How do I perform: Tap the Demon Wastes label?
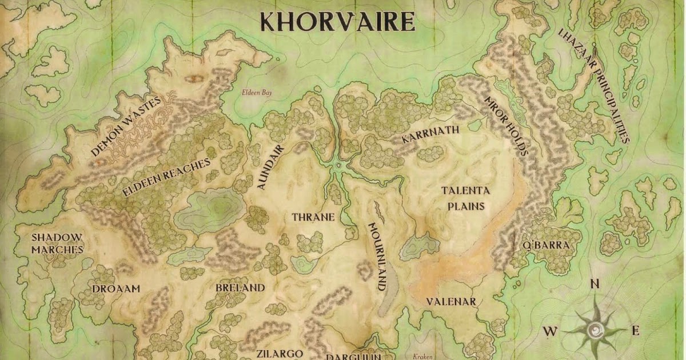click(x=126, y=126)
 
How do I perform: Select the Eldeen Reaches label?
click(x=166, y=178)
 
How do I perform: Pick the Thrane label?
click(x=313, y=218)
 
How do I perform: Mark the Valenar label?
click(x=451, y=301)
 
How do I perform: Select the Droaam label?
click(x=116, y=289)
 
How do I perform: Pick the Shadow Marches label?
click(x=57, y=243)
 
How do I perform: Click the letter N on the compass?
click(x=595, y=283)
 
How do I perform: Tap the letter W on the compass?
click(x=550, y=331)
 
